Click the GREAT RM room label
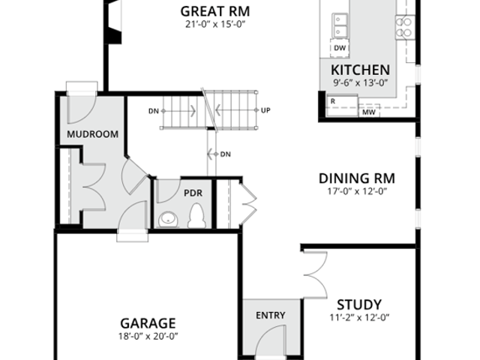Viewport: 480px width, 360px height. [215, 12]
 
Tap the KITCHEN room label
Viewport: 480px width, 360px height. [360, 70]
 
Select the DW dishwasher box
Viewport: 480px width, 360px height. [340, 48]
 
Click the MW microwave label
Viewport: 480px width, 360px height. [369, 112]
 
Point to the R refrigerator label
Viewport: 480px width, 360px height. [333, 101]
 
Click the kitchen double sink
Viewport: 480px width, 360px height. [340, 25]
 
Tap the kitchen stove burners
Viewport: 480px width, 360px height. [405, 27]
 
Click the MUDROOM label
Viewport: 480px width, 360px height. [92, 134]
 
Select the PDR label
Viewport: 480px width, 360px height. [193, 193]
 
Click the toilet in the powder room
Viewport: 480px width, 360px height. [196, 216]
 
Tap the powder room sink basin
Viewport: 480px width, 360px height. [169, 219]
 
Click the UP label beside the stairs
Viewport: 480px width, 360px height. [265, 110]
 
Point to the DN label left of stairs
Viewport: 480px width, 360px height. [154, 111]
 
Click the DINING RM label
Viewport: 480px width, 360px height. [357, 178]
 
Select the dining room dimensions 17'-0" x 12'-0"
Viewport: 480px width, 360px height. [357, 191]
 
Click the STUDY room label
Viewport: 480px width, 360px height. [359, 305]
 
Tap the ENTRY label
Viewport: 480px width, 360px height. [271, 315]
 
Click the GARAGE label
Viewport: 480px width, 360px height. [148, 323]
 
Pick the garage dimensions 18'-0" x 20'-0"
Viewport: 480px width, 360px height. [148, 337]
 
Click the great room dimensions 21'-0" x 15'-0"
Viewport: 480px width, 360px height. [215, 24]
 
